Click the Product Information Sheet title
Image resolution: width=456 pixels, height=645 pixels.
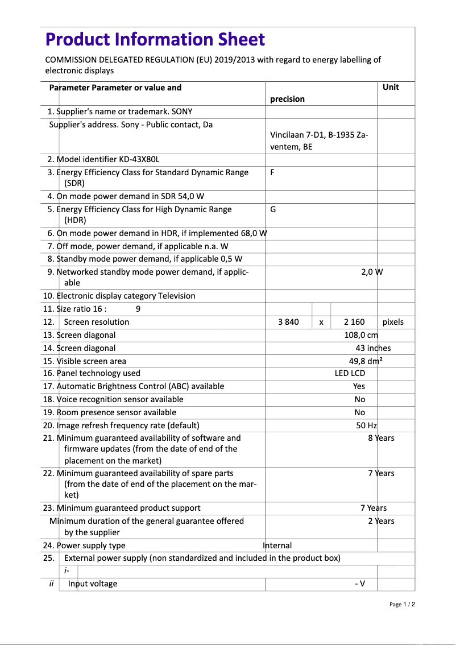click(x=155, y=39)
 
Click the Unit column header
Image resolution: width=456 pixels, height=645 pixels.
click(x=391, y=87)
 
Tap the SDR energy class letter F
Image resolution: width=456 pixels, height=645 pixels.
click(x=272, y=172)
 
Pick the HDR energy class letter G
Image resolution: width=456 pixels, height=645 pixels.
click(x=273, y=209)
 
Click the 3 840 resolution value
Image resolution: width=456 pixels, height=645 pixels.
click(x=288, y=322)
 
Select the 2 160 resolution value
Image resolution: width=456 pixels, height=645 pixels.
click(x=354, y=322)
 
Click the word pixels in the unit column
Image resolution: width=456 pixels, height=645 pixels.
click(x=393, y=322)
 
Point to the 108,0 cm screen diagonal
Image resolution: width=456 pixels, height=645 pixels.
click(x=361, y=335)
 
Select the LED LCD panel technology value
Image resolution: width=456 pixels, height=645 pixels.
click(x=350, y=373)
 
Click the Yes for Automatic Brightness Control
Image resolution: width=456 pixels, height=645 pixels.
click(x=359, y=386)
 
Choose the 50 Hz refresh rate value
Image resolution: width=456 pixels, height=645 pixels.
click(x=367, y=425)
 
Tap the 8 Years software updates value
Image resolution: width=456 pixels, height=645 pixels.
click(x=381, y=438)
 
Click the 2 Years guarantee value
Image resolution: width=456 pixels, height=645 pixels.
click(x=381, y=521)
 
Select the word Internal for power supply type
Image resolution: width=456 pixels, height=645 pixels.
click(x=277, y=545)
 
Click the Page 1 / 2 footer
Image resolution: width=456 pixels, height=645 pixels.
click(x=402, y=605)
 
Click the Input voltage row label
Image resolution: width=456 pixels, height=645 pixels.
click(x=93, y=584)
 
